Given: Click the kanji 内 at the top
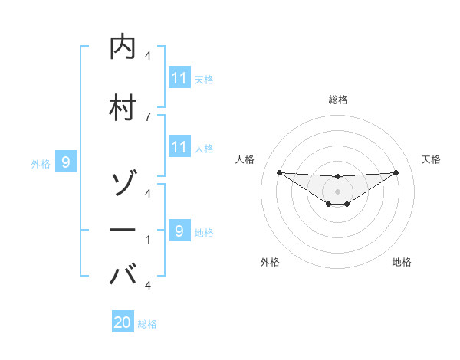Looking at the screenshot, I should pyautogui.click(x=123, y=47).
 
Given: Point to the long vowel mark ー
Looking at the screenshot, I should pyautogui.click(x=123, y=229).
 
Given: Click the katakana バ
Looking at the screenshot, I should pyautogui.click(x=123, y=273).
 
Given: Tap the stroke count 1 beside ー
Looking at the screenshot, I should pyautogui.click(x=148, y=240).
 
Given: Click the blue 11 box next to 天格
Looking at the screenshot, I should pyautogui.click(x=179, y=79).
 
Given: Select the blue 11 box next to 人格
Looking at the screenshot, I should pyautogui.click(x=179, y=146).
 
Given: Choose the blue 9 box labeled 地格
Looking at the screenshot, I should pyautogui.click(x=179, y=231).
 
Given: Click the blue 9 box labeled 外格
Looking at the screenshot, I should pyautogui.click(x=66, y=162).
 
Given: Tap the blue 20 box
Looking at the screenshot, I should pyautogui.click(x=123, y=322).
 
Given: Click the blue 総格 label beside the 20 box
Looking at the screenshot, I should pyautogui.click(x=147, y=324).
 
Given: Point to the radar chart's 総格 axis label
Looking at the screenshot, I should pyautogui.click(x=337, y=100).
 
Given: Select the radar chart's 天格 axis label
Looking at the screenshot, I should pyautogui.click(x=431, y=159).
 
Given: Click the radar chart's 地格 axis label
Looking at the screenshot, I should pyautogui.click(x=402, y=262).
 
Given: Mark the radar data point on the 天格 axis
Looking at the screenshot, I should pyautogui.click(x=396, y=172).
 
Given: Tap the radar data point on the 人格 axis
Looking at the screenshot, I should pyautogui.click(x=279, y=172).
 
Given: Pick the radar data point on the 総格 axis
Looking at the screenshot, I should pyautogui.click(x=337, y=177).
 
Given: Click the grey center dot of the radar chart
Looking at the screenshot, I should pyautogui.click(x=337, y=191).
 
